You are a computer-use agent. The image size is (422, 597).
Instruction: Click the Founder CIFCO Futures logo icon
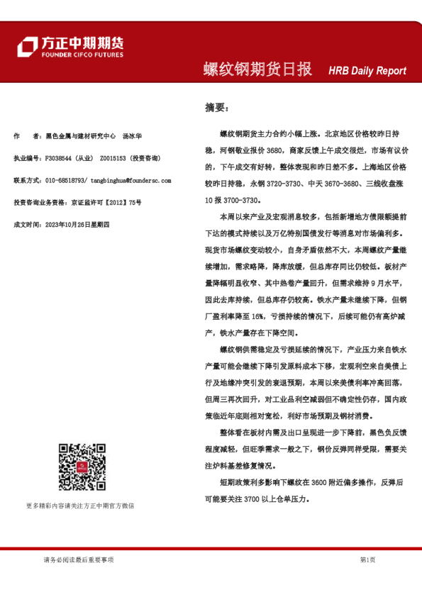tap(27, 47)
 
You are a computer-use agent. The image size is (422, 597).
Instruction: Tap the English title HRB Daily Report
tap(367, 71)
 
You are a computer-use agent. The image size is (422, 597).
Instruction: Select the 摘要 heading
tap(216, 107)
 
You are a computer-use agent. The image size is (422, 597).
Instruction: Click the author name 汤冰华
tap(132, 135)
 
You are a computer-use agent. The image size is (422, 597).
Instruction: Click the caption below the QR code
tap(80, 506)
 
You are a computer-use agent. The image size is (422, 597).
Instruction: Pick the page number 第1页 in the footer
tap(368, 560)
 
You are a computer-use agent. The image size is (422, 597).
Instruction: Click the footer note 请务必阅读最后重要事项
tap(78, 560)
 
